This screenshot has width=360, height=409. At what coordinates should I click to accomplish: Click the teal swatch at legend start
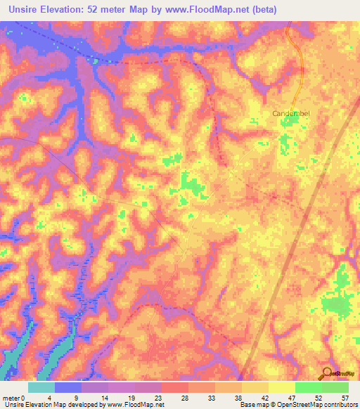click(41, 387)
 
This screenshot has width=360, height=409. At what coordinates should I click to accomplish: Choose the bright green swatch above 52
click(308, 387)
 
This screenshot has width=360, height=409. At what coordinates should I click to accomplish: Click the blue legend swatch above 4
click(68, 387)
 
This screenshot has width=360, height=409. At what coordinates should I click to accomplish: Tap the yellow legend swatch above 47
click(281, 387)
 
